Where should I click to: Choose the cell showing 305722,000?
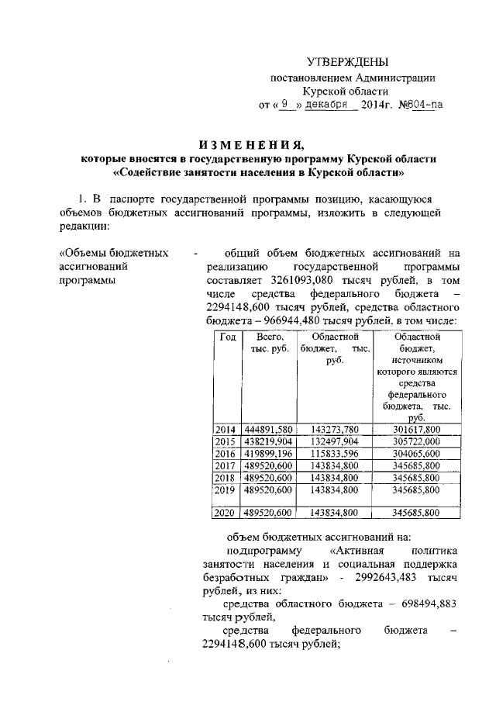click(x=416, y=441)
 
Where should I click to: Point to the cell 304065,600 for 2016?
click(x=416, y=454)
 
